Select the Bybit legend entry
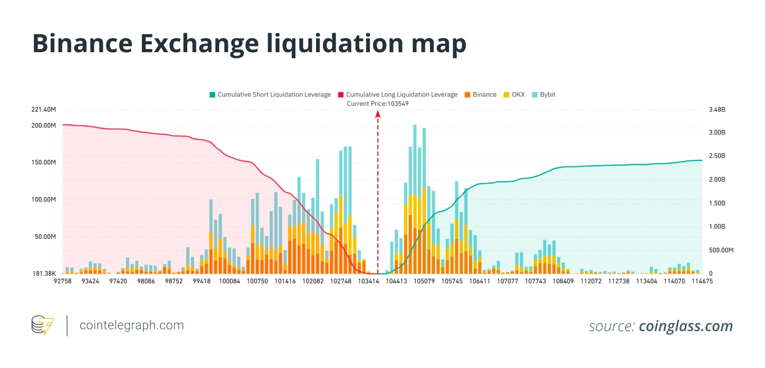[x=543, y=95]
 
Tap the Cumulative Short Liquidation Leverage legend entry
[x=270, y=95]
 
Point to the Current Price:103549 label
[x=377, y=104]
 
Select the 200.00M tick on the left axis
[x=44, y=125]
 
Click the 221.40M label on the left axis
[x=44, y=110]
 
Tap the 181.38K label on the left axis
[x=44, y=274]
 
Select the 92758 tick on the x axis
[x=63, y=282]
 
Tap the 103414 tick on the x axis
[x=368, y=282]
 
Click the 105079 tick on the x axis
[x=424, y=282]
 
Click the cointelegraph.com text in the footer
[x=131, y=325]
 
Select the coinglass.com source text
[x=685, y=326]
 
